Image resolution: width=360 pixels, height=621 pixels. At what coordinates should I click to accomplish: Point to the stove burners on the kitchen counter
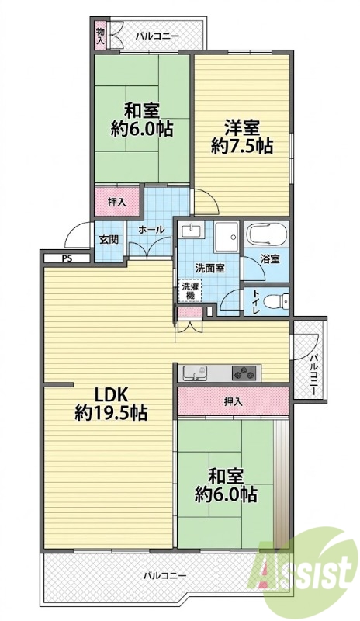coord(244,373)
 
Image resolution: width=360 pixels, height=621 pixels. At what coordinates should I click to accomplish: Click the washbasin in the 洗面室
coord(192,231)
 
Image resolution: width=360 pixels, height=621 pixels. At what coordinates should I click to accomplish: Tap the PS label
coord(67,259)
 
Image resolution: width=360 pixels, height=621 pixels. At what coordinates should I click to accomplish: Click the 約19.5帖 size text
coord(112,414)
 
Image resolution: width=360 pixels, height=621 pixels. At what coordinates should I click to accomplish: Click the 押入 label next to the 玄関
coord(117,202)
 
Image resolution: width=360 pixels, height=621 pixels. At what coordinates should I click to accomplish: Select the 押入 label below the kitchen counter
coord(233,402)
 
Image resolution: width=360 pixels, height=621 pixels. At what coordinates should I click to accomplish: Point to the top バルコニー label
coord(157,36)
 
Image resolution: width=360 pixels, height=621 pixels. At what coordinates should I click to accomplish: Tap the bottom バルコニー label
coord(164,574)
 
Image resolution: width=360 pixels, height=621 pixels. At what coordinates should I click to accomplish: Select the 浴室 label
coord(271,259)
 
